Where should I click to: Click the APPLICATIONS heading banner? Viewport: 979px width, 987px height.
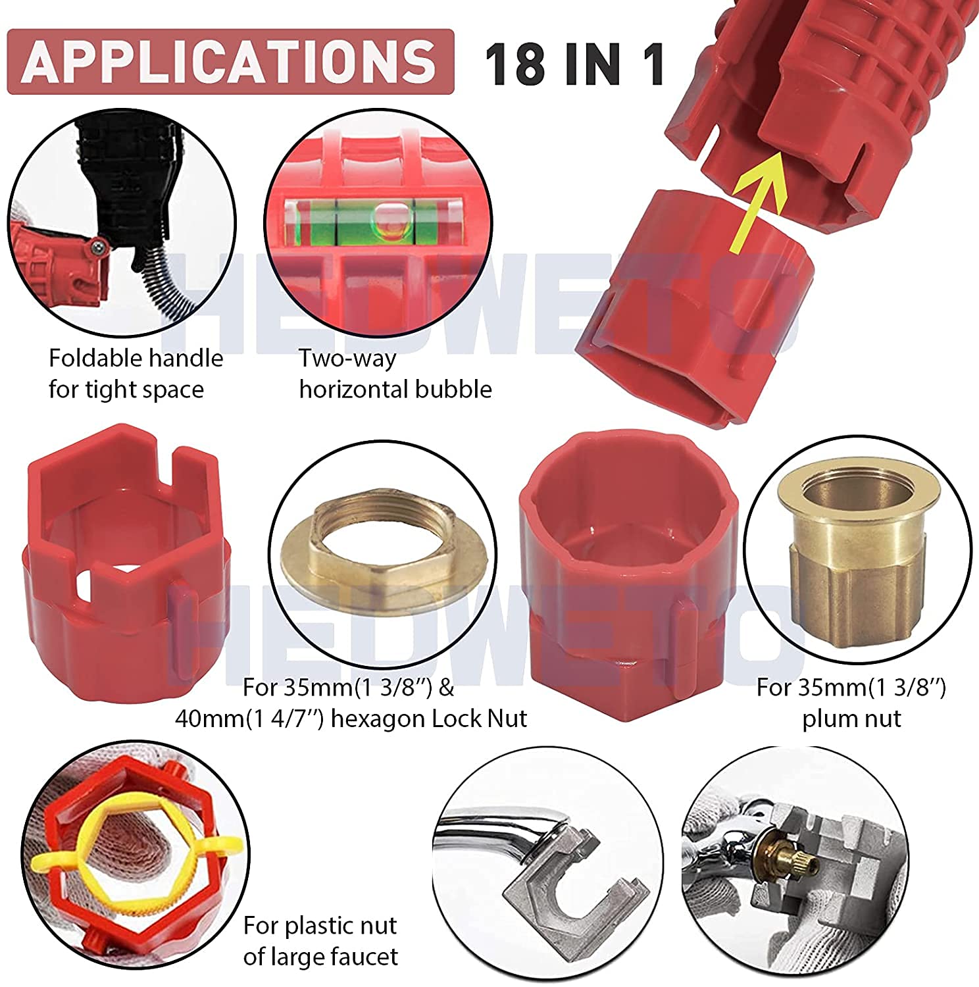pyautogui.click(x=230, y=61)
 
